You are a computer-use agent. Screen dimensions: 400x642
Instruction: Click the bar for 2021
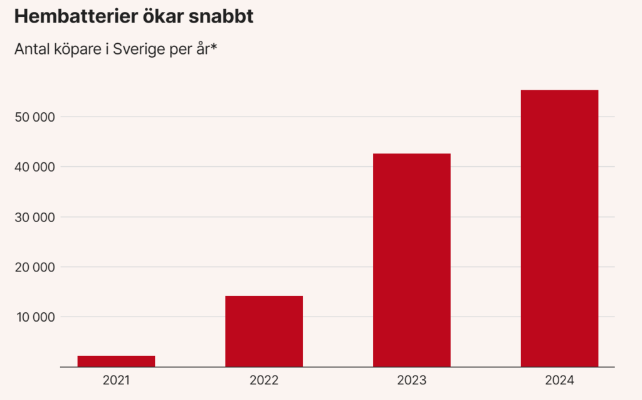click(x=116, y=361)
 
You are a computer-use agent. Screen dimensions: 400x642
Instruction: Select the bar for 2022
click(x=264, y=331)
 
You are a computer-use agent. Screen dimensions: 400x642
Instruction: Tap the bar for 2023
click(x=411, y=260)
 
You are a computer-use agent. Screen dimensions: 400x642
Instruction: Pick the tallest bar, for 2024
click(x=559, y=228)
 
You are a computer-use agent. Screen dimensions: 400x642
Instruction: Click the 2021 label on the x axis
click(x=116, y=381)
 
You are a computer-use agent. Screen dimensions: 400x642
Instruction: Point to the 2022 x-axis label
click(x=264, y=381)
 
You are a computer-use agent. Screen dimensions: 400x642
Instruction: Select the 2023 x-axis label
click(x=411, y=381)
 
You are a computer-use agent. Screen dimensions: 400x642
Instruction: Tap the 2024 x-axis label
click(x=559, y=381)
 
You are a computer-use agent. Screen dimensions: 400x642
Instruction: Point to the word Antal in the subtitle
click(x=31, y=49)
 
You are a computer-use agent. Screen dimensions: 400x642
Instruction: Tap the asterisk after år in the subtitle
click(x=213, y=46)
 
